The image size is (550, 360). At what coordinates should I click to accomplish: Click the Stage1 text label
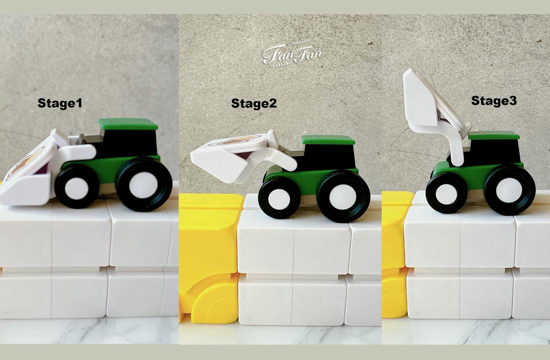point(60,103)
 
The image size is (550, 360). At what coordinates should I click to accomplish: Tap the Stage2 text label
point(254,103)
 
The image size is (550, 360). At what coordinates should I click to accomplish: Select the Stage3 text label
point(494,101)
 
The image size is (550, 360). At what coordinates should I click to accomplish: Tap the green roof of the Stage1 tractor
point(128,124)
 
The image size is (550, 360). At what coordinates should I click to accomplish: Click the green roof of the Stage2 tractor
point(329,139)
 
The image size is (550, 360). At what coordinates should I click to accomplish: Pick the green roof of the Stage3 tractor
point(494,135)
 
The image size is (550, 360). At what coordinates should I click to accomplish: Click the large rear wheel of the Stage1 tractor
point(144,184)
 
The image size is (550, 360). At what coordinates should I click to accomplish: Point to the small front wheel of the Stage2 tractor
point(279,198)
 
